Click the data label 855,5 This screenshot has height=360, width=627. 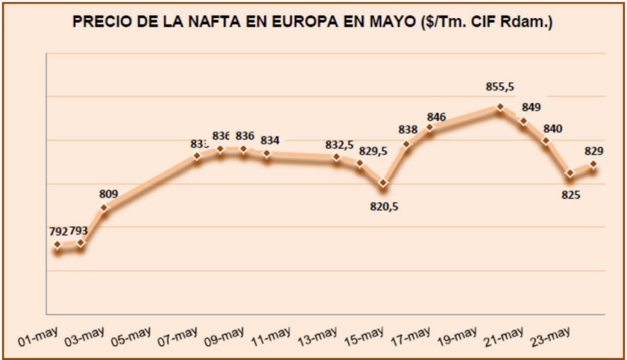500,87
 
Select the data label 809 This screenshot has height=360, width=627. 109,194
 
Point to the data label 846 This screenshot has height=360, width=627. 437,116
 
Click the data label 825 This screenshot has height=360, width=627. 571,195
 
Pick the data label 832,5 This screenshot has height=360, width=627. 339,144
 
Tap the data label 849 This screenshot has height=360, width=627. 531,107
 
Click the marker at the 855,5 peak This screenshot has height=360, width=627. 500,107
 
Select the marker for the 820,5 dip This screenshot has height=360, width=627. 383,184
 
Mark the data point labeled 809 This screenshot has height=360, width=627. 104,208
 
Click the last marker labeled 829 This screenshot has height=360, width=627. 594,164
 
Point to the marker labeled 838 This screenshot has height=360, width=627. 407,145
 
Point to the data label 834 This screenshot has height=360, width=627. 270,141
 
